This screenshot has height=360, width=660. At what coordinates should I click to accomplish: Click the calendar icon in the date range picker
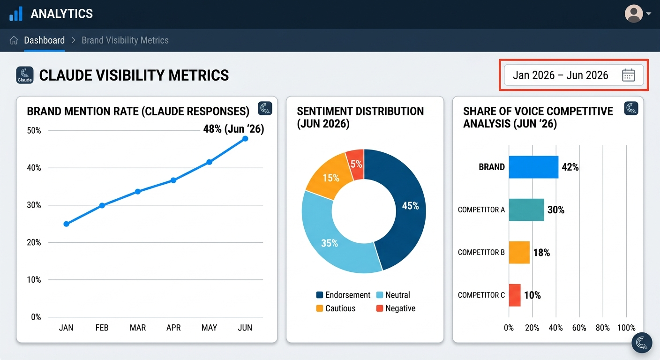[628, 75]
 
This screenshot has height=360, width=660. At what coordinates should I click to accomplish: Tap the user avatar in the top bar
[634, 14]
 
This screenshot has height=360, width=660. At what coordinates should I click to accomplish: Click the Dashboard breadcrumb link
[44, 40]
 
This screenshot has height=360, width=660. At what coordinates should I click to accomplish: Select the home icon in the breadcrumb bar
[14, 40]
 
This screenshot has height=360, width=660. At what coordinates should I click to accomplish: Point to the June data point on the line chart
[245, 139]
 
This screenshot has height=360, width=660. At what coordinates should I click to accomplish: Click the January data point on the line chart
[66, 224]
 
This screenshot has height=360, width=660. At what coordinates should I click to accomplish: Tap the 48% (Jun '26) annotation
[233, 129]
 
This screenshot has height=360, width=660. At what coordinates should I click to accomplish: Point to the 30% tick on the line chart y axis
[34, 205]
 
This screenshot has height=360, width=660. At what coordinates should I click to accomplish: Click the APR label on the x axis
[173, 328]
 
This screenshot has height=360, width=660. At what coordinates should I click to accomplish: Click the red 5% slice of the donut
[356, 164]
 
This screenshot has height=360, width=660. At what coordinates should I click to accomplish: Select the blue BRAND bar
[533, 167]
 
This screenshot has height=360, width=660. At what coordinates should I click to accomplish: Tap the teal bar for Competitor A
[526, 210]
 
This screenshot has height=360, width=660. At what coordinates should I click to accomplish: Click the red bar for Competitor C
[514, 295]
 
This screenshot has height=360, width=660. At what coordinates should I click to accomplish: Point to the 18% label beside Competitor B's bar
[541, 253]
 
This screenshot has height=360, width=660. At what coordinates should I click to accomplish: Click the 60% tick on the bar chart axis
[579, 328]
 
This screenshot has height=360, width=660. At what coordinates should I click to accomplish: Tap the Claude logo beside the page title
[24, 75]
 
